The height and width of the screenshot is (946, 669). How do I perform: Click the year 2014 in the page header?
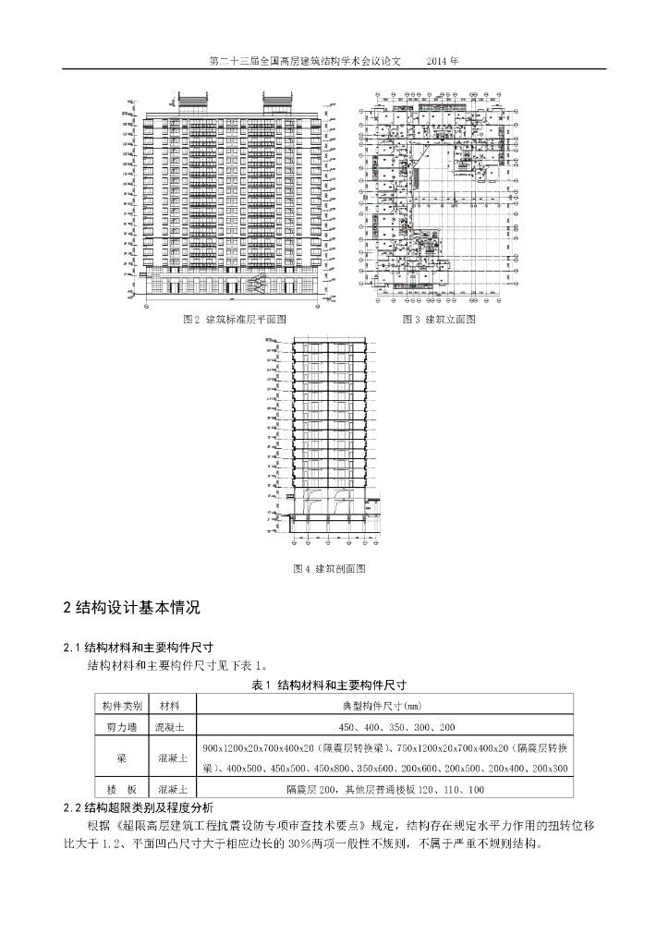point(443,61)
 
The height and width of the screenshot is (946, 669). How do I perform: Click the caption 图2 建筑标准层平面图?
point(236,319)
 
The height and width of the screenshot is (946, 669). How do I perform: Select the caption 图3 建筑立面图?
point(439,319)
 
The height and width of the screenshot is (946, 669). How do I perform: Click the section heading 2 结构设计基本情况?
point(129,608)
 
